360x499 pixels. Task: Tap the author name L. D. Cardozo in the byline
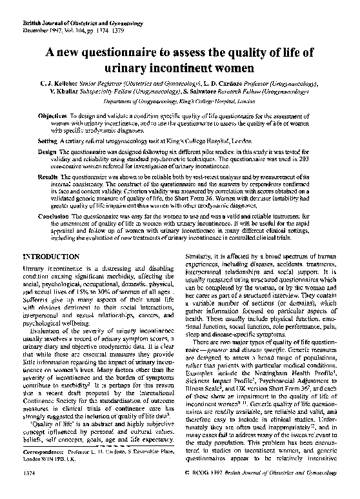click(223, 84)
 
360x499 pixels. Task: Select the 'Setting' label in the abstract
click(47, 140)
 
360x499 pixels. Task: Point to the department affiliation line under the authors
click(179, 101)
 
